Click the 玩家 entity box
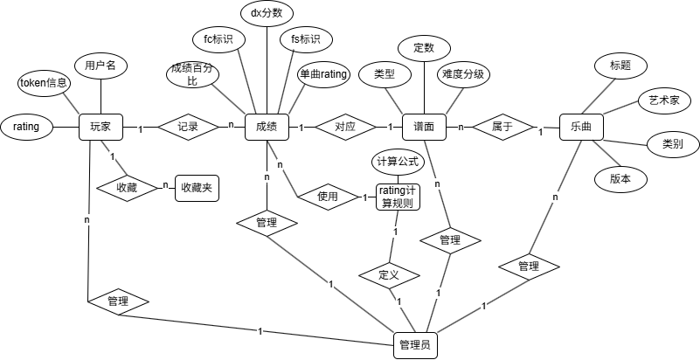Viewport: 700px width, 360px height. point(100,127)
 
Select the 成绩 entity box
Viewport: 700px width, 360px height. point(267,127)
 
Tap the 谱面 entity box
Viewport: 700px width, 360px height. point(424,127)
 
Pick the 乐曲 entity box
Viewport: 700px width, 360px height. point(581,127)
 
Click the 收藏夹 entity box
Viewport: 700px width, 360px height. point(197,188)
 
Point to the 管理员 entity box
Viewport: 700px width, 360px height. point(414,345)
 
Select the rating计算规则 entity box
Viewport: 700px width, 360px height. point(398,197)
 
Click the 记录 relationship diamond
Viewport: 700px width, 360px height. point(188,127)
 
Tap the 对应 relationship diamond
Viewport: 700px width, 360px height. point(345,127)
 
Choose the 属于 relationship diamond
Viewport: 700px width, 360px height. point(502,127)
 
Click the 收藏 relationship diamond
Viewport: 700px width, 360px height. point(127,188)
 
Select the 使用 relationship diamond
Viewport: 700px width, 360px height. point(328,197)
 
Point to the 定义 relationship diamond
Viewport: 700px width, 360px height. point(389,275)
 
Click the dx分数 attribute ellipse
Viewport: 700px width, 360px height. point(266,13)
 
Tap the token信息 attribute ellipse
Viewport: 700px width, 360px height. point(44,83)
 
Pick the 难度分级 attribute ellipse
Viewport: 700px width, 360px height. point(463,74)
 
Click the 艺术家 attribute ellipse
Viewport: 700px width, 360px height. point(664,100)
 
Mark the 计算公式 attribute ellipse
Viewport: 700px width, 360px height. point(398,162)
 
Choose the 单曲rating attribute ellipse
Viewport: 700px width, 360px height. point(323,74)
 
